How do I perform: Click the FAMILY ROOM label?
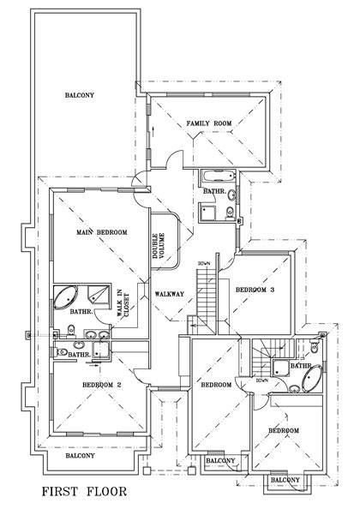tap(209, 124)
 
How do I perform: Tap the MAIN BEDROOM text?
tap(102, 232)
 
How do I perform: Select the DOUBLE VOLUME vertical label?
tap(157, 243)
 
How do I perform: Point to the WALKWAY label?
tap(170, 294)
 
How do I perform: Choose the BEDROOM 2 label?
tap(102, 385)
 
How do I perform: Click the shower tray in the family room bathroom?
tap(208, 212)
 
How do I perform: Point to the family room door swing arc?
tap(173, 162)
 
